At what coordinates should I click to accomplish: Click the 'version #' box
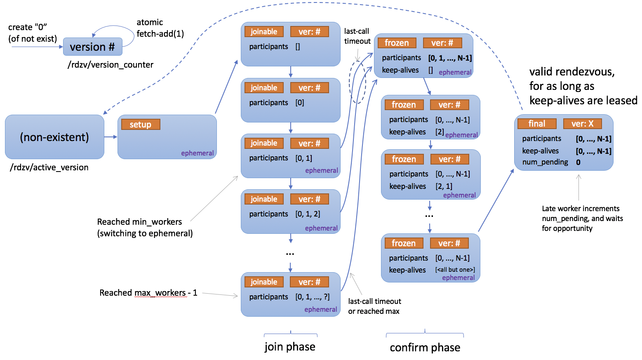coord(92,47)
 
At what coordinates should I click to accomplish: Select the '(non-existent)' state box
coord(54,137)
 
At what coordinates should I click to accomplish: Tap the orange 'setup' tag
coord(140,125)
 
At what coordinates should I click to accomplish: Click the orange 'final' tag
coord(536,124)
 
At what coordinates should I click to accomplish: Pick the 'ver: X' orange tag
coord(582,124)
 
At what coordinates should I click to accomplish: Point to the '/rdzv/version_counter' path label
coord(111,65)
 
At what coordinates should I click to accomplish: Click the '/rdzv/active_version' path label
coord(49,167)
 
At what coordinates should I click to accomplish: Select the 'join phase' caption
coord(290,347)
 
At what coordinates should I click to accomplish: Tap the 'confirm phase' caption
coord(425,348)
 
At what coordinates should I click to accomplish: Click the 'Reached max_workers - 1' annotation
coord(148,293)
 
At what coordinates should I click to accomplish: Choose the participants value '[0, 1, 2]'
coord(308,214)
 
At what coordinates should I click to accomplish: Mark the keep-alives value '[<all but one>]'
coord(455,270)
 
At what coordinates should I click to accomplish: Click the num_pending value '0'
coord(578,162)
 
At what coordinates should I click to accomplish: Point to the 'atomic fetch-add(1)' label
coord(160,28)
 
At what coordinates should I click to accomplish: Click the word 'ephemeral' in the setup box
coord(197,153)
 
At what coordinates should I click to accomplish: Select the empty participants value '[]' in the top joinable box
coord(297,47)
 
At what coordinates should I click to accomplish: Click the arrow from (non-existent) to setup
coord(111,137)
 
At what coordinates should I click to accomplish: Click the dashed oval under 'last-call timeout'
coord(357,82)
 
